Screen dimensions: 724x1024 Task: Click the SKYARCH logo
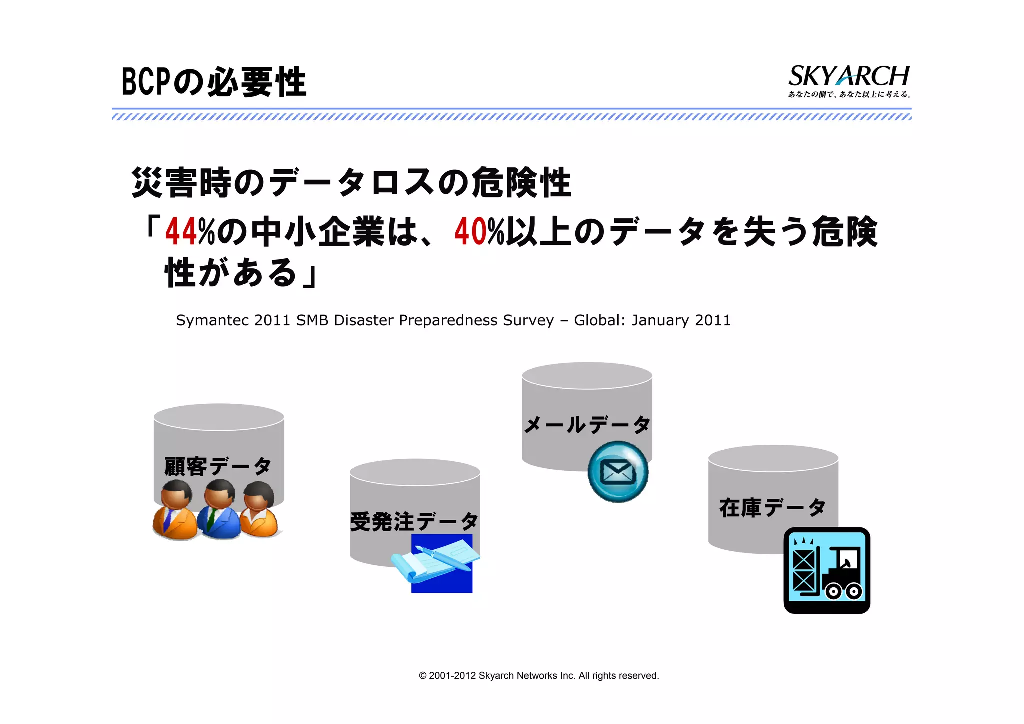coord(848,76)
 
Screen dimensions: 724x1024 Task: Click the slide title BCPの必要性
coord(214,82)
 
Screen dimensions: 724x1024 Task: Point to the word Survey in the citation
coord(528,320)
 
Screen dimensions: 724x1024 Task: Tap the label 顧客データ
coord(218,466)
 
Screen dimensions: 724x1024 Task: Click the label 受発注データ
coord(414,522)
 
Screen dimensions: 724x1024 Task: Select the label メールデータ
coord(587,425)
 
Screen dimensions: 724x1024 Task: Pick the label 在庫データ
coord(772,508)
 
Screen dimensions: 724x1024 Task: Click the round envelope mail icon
coord(618,471)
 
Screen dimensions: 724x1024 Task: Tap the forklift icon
coord(827,570)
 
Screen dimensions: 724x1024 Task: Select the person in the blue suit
coord(219,510)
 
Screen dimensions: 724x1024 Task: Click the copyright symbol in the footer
coord(423,676)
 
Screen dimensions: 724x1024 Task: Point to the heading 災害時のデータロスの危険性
coord(351,183)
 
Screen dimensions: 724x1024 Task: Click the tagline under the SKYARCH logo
coord(849,94)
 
